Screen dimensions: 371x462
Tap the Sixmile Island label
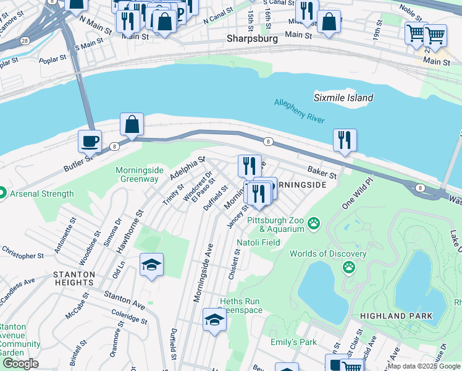pos(343,98)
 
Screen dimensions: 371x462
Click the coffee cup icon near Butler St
pos(90,140)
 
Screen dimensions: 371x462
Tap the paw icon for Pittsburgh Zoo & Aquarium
pos(314,222)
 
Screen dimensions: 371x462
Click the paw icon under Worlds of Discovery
pos(349,267)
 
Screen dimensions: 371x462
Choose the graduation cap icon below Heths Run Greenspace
pos(214,320)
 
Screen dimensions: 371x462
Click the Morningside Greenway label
pos(137,174)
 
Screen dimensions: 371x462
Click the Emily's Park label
pos(293,342)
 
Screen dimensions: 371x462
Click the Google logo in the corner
pos(20,364)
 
